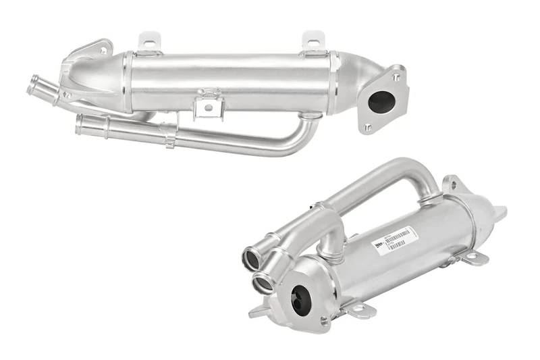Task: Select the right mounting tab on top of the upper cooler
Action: click(x=313, y=41)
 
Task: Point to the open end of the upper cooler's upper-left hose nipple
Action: click(x=32, y=86)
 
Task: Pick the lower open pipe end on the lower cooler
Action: click(x=263, y=282)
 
